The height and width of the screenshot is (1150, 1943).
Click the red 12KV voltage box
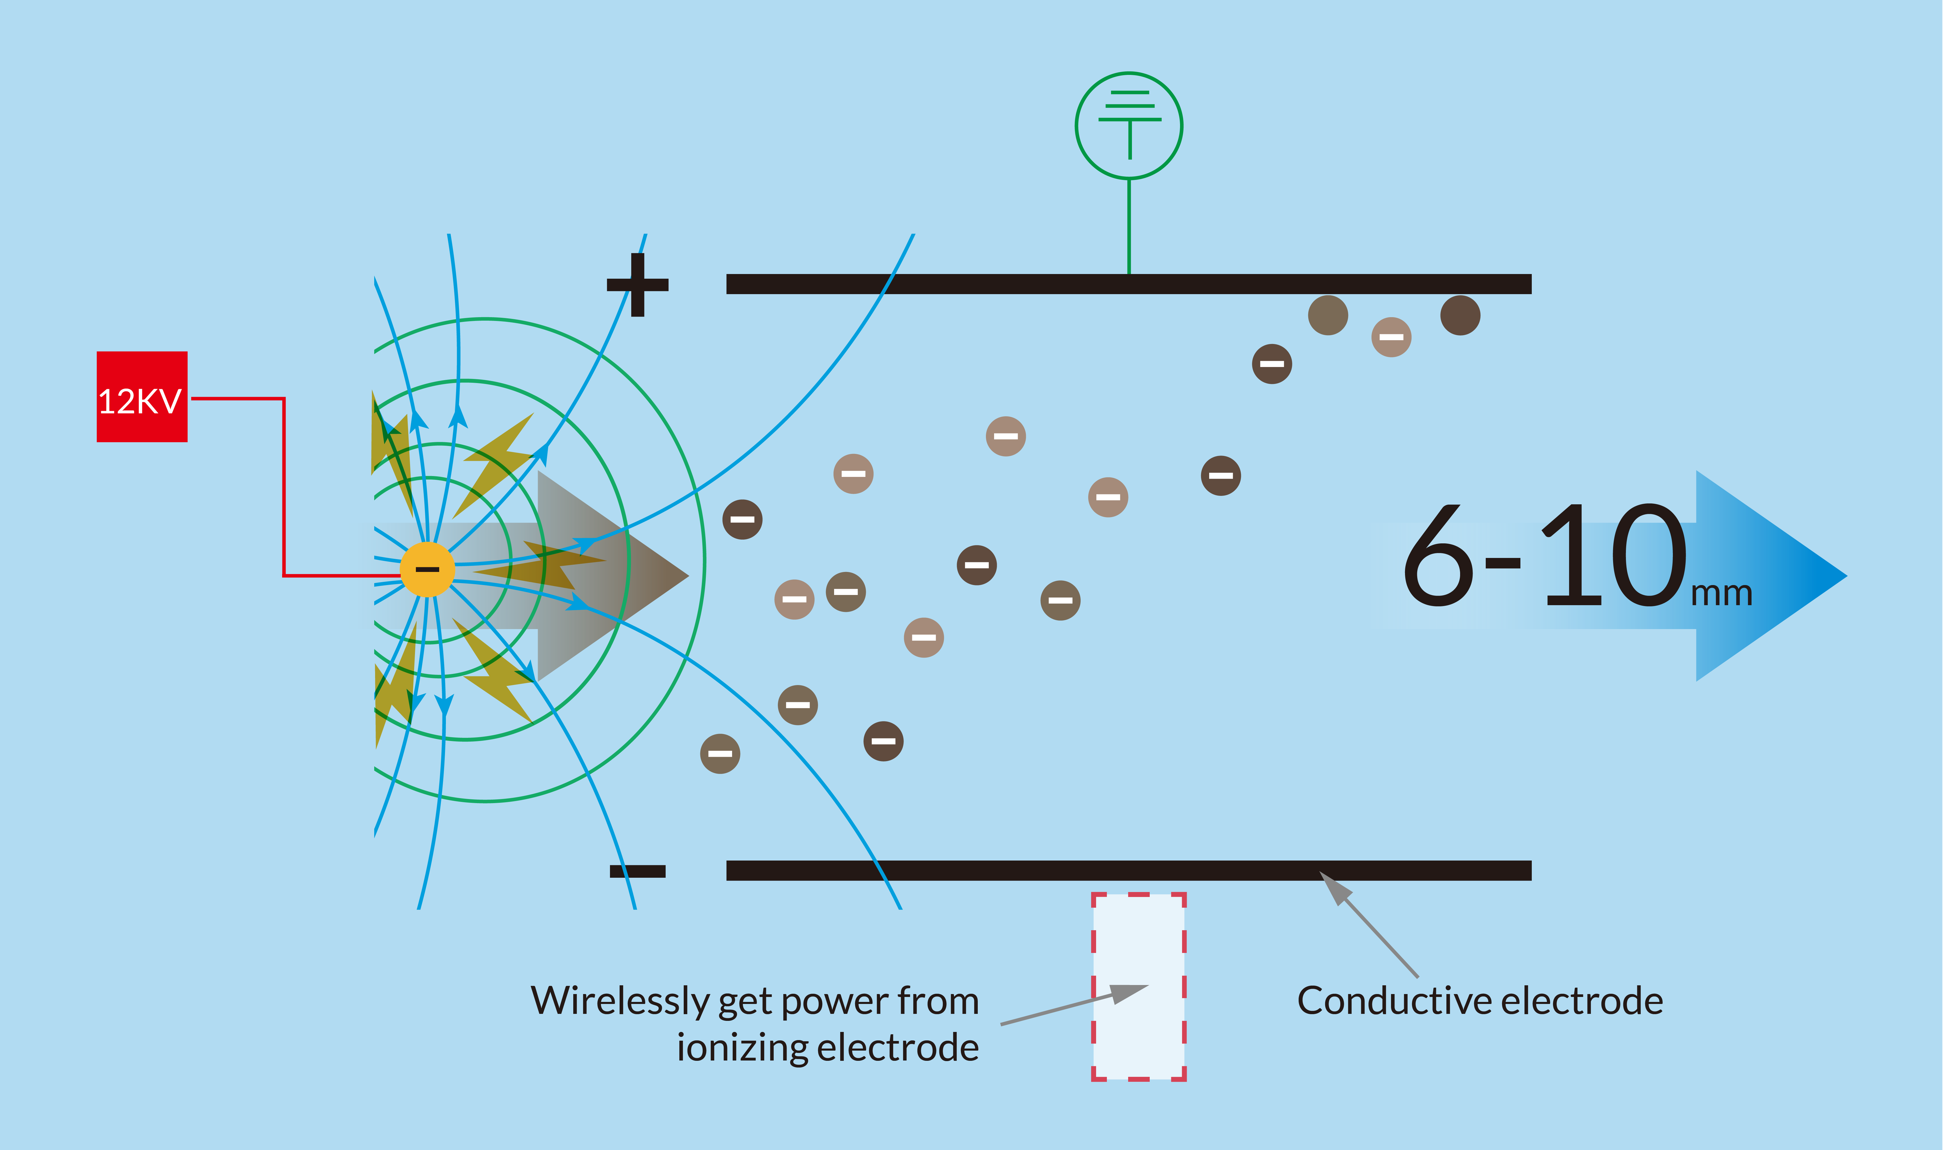coord(142,397)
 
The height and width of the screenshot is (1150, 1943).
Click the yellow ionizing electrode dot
coord(427,570)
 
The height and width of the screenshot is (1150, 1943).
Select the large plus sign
coord(638,285)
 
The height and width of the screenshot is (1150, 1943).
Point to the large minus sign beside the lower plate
coord(638,871)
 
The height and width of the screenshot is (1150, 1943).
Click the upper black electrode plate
coord(1129,284)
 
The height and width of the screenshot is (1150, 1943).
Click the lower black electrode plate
coord(1129,870)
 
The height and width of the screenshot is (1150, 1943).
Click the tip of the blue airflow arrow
coord(1847,576)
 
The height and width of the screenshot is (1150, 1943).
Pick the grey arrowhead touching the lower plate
coord(1334,886)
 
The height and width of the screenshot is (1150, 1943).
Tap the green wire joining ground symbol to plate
coord(1129,226)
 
